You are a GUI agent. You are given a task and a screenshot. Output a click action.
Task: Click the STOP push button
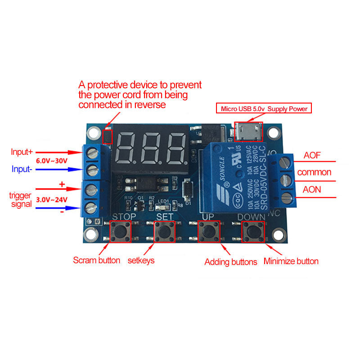coord(120,233)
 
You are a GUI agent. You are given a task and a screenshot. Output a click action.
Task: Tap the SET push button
coord(164,233)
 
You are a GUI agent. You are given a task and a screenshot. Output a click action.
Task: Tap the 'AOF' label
coord(312,156)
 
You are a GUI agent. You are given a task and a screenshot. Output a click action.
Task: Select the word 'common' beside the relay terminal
coord(315,172)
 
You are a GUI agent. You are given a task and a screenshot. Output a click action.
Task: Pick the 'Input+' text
coord(22,152)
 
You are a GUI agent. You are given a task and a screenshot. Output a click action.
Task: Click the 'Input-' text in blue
coord(22,170)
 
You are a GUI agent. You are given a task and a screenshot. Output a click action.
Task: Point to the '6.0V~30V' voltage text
coord(52,160)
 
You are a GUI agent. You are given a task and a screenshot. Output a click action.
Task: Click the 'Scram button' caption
coord(97,260)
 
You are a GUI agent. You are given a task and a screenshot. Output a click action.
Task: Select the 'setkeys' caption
coord(141,260)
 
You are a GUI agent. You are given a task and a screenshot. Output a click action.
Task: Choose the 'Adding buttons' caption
coord(231,261)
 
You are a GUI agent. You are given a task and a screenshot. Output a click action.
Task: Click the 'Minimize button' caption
coord(291,261)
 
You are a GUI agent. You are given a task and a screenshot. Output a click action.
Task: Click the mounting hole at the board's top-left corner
coord(93,132)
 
